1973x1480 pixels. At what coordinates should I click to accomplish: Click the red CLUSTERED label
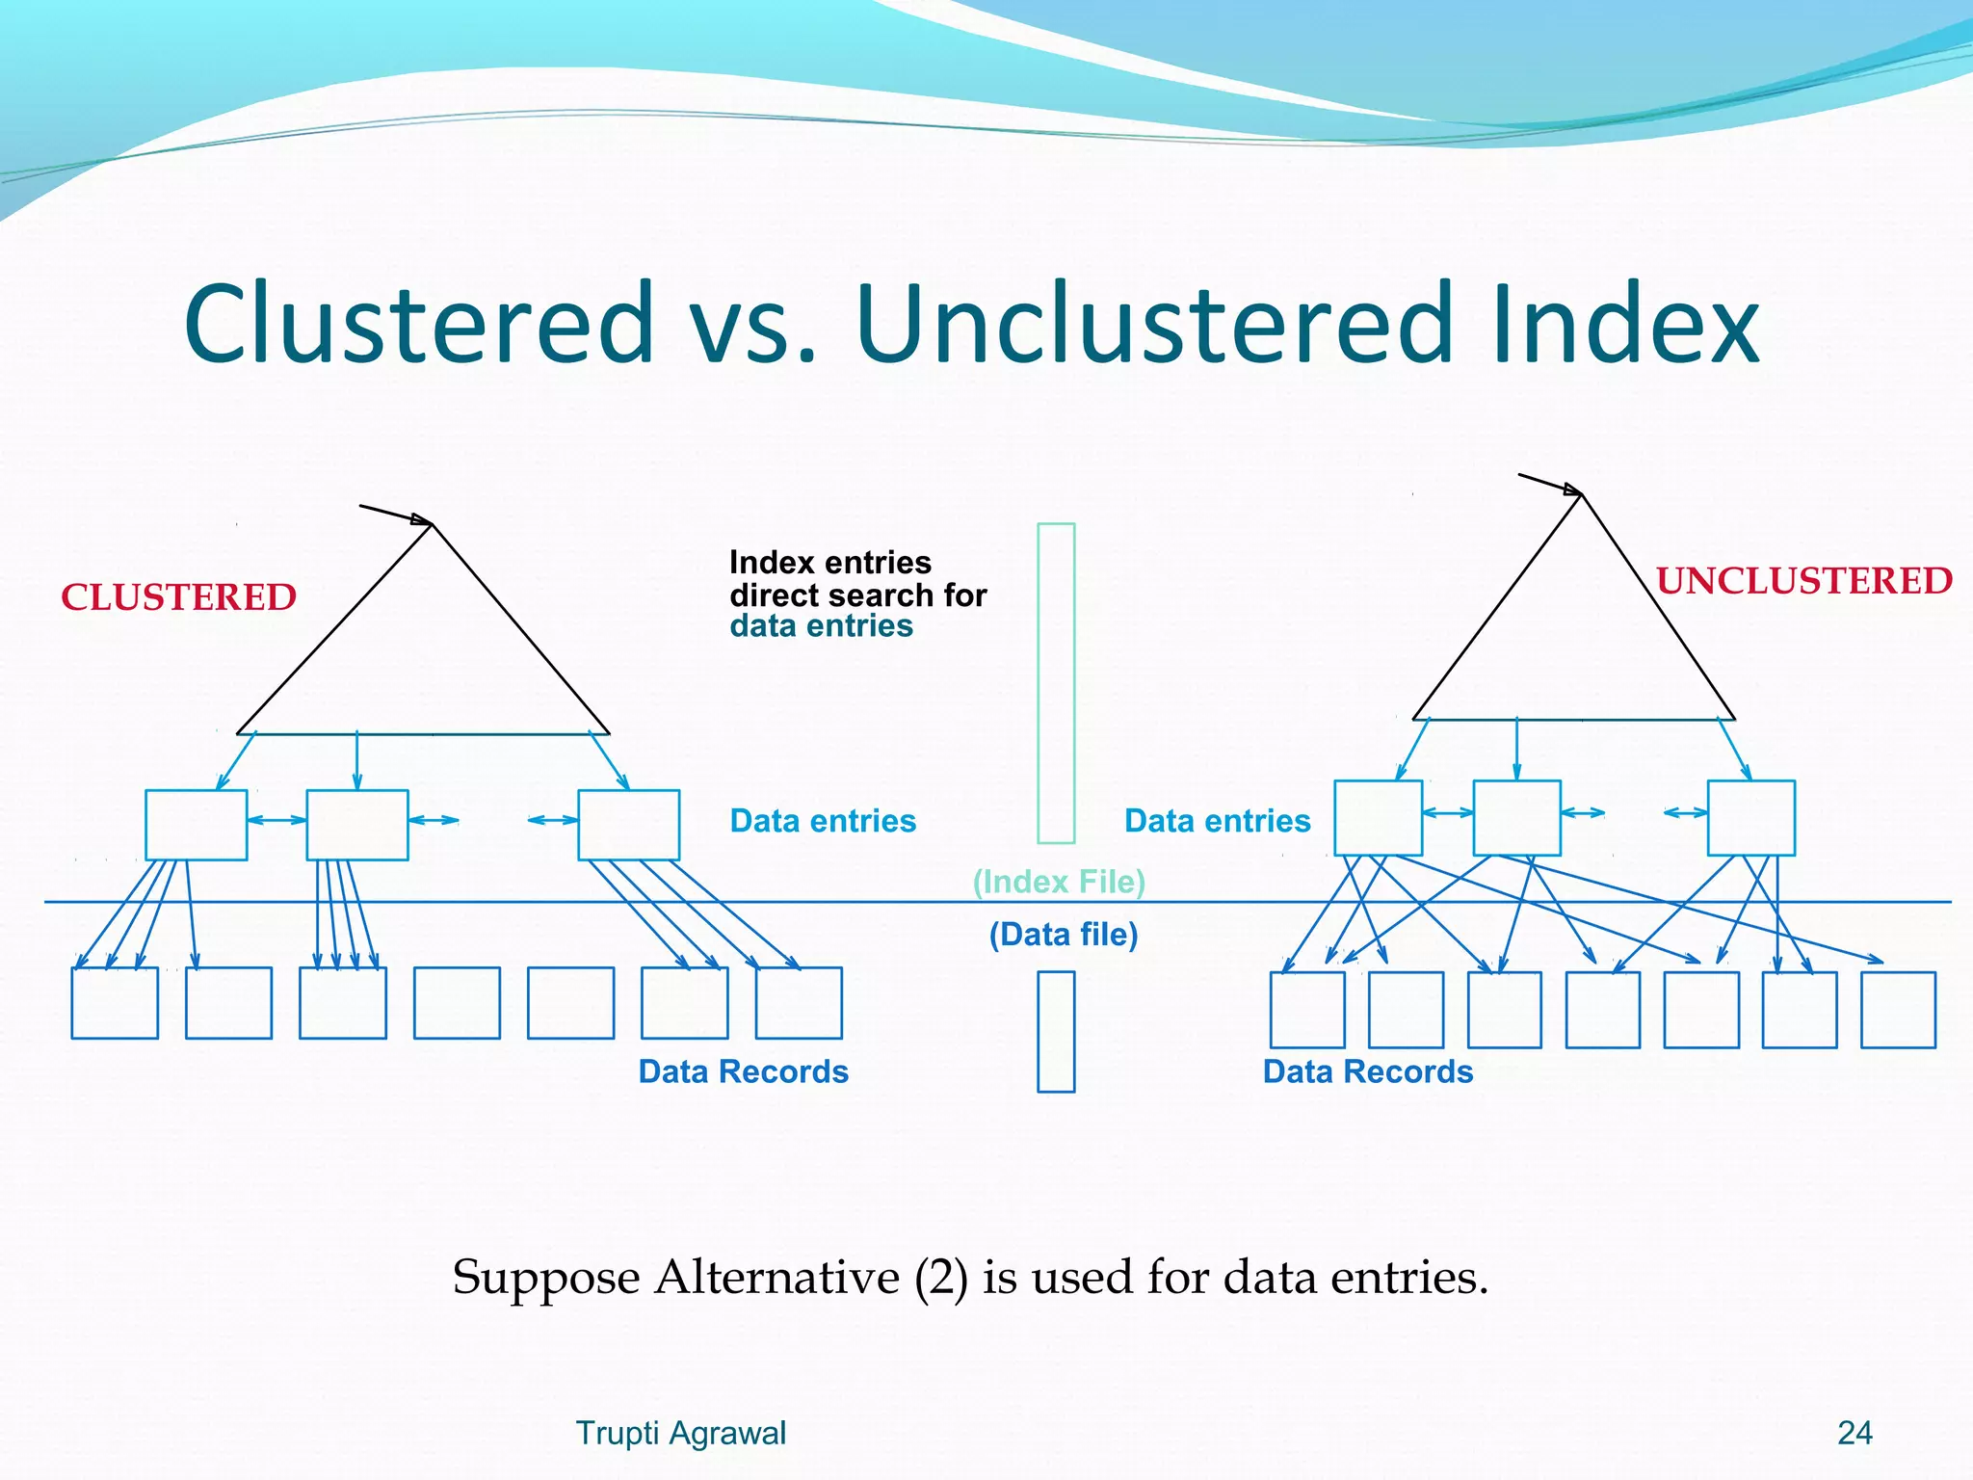[x=178, y=597]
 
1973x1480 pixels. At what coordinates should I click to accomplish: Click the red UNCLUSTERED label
[x=1803, y=581]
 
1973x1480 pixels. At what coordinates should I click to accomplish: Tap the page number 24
[x=1855, y=1433]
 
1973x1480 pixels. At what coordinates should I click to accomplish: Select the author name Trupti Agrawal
[x=680, y=1433]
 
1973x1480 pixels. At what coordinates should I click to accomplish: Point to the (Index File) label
[x=1059, y=882]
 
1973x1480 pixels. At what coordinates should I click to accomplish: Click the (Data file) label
[x=1064, y=935]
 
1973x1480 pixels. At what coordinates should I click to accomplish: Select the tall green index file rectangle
[x=1056, y=682]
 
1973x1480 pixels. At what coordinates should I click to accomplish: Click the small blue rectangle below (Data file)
[x=1056, y=1031]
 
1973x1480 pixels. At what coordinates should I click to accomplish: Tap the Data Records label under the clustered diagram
[x=743, y=1071]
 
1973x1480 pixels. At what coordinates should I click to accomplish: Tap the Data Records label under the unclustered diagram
[x=1368, y=1071]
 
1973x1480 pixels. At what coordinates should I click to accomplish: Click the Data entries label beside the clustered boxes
[x=823, y=821]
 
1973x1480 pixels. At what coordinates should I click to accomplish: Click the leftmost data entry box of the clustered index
[x=196, y=825]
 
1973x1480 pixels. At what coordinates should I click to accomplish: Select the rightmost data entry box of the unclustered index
[x=1750, y=818]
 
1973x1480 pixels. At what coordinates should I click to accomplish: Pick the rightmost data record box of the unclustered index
[x=1898, y=1009]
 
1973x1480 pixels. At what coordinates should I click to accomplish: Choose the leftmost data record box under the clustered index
[x=115, y=1003]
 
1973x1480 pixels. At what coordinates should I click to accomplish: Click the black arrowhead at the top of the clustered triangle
[x=422, y=519]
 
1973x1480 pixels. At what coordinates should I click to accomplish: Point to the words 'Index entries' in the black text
[x=829, y=562]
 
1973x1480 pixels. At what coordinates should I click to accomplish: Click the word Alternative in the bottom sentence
[x=776, y=1278]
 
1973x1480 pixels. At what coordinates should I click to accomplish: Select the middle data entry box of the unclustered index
[x=1516, y=818]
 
